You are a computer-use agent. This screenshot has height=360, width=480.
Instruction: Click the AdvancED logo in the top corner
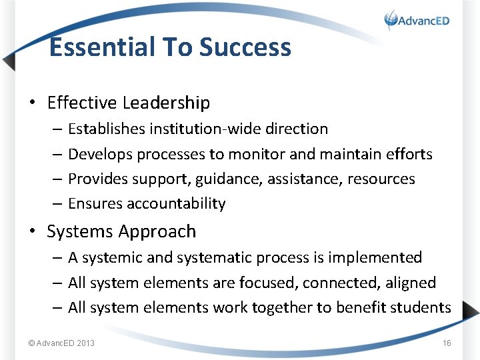(x=417, y=20)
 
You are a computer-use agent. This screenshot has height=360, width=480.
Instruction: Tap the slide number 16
(x=447, y=343)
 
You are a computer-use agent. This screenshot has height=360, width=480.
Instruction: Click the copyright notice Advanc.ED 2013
(x=61, y=343)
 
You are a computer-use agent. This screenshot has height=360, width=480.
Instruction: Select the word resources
(x=381, y=179)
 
